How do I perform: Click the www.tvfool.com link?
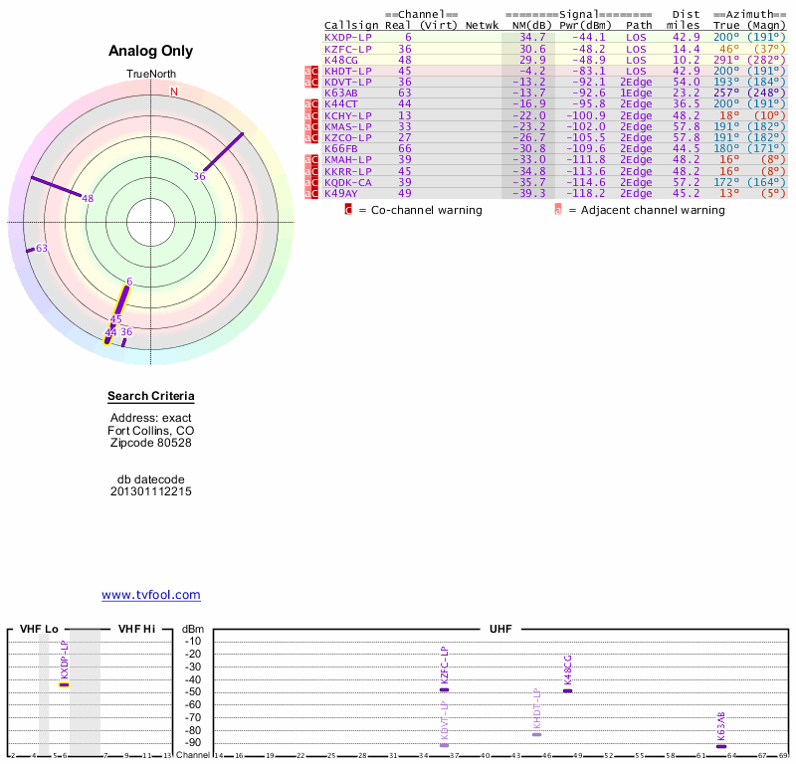(151, 595)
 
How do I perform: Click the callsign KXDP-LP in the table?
(348, 37)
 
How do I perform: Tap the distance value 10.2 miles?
(687, 59)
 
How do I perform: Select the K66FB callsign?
(341, 148)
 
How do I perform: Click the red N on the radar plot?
(173, 92)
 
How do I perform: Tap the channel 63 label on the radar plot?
(42, 248)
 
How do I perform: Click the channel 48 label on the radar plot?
(88, 198)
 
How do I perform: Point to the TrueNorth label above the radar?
(150, 75)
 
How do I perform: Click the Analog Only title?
(151, 52)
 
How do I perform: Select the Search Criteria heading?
(151, 396)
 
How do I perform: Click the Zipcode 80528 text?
(151, 443)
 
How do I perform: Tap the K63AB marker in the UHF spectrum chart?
(721, 745)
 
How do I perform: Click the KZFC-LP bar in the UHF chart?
(445, 688)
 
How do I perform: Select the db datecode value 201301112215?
(151, 491)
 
